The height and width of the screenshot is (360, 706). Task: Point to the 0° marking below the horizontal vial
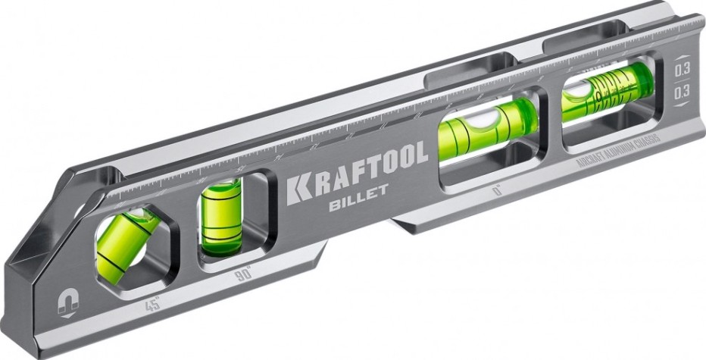pyautogui.click(x=498, y=191)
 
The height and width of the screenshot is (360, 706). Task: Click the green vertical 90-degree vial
pyautogui.click(x=220, y=218)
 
